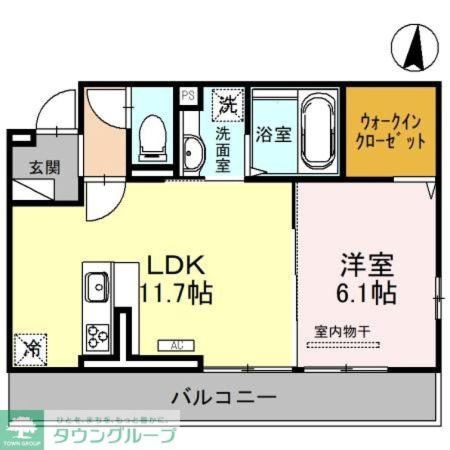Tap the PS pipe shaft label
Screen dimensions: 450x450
[188, 96]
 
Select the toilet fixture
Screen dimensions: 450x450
[151, 136]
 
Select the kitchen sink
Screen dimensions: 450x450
[96, 287]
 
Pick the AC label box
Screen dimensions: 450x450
[175, 346]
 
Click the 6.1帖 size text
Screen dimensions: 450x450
[367, 293]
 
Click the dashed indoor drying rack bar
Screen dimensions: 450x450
[343, 346]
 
